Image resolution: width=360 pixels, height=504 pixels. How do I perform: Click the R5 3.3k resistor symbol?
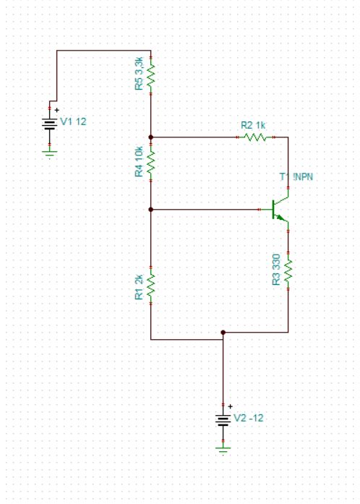coord(150,74)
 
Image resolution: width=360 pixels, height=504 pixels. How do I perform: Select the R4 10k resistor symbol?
coord(150,163)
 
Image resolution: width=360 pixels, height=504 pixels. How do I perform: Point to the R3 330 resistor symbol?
coord(288,270)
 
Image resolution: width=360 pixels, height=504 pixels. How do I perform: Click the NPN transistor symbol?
coord(280,209)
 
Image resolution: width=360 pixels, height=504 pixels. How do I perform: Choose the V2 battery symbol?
coord(223,420)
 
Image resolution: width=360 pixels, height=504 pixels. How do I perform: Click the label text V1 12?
coord(72,122)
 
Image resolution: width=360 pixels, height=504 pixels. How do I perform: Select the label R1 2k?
coord(139,286)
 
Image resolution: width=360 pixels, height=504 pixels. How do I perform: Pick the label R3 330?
coord(277,270)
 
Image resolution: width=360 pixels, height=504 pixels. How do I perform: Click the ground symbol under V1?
coord(50,153)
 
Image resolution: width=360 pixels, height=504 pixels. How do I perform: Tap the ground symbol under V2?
coord(223,448)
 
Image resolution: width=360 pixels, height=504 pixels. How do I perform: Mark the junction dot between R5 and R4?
coord(150,136)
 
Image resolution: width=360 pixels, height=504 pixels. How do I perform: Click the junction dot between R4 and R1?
coord(150,209)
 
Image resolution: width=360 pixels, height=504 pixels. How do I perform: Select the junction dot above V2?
coord(223,333)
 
